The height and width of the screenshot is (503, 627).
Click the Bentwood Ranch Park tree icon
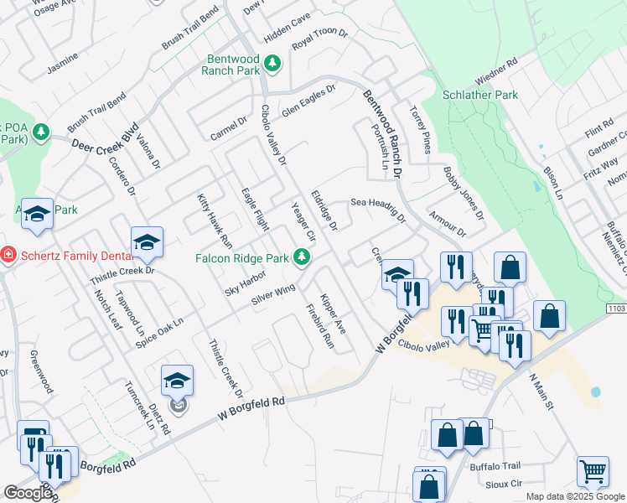click(x=272, y=64)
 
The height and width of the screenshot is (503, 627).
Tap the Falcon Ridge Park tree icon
click(x=301, y=259)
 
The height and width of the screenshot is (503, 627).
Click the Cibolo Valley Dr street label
click(x=273, y=134)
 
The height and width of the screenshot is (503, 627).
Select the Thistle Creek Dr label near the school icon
click(x=122, y=271)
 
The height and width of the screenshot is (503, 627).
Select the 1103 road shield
click(x=615, y=309)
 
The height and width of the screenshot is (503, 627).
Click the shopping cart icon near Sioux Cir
click(x=593, y=471)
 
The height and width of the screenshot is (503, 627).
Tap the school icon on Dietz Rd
click(x=177, y=381)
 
